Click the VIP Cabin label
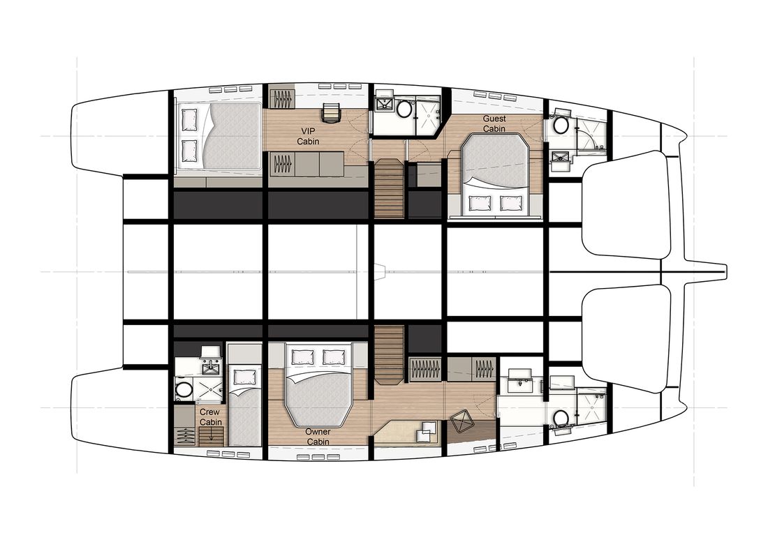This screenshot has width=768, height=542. point(308,136)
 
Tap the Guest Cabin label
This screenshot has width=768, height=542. point(494,123)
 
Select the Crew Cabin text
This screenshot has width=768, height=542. point(211,417)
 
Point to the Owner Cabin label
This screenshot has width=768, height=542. point(318,437)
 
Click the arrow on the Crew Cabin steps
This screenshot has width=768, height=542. point(212,435)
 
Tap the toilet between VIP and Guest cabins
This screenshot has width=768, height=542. point(404,109)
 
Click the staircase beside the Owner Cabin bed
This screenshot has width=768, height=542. point(389,355)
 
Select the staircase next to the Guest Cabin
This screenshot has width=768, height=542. point(390,189)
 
